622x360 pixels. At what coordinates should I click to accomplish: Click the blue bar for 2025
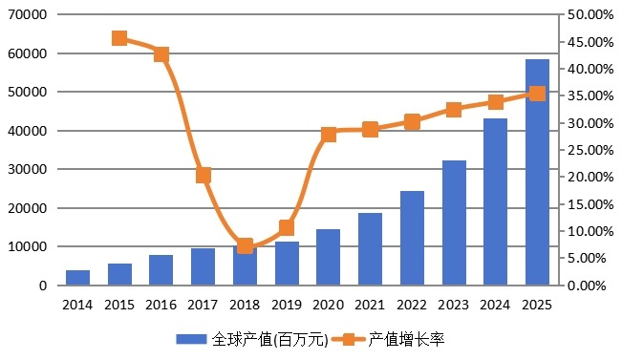[537, 173]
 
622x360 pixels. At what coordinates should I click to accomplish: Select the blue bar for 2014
[78, 278]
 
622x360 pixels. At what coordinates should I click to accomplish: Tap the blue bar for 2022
[412, 239]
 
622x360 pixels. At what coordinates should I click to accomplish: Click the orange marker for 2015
[119, 38]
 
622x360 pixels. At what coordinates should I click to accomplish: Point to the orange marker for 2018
[245, 246]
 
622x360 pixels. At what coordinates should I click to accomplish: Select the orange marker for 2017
[204, 176]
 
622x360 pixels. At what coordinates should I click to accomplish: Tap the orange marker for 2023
[454, 110]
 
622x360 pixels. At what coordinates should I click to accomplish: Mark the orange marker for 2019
[287, 227]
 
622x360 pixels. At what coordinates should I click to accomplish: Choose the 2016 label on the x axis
[161, 304]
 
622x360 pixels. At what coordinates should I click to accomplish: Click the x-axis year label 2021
[370, 304]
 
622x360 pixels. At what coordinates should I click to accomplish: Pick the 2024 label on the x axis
[495, 304]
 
